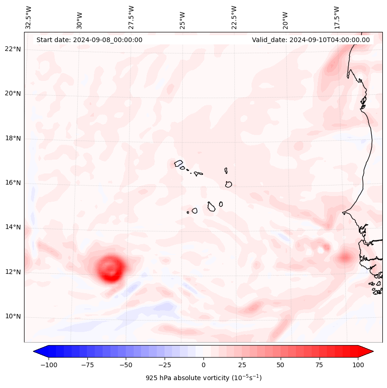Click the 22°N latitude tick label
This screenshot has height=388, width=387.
(x=13, y=49)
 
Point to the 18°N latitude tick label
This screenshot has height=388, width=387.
(x=13, y=138)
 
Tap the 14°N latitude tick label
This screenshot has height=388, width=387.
(x=13, y=227)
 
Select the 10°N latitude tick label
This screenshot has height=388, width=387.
(x=13, y=316)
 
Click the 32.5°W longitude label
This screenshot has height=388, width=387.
(x=29, y=18)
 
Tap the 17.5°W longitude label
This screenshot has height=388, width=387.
(x=337, y=18)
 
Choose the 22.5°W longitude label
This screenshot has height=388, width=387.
(x=234, y=18)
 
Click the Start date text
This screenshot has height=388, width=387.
(x=89, y=40)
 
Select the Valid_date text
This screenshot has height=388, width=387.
(x=311, y=40)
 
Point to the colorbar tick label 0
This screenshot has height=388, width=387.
(x=203, y=365)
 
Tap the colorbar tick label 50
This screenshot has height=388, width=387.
(x=280, y=365)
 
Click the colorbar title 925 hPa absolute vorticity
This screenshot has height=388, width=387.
(x=203, y=378)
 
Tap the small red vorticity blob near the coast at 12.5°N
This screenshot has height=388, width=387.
(x=345, y=257)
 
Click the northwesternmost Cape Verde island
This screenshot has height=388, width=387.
(x=178, y=163)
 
